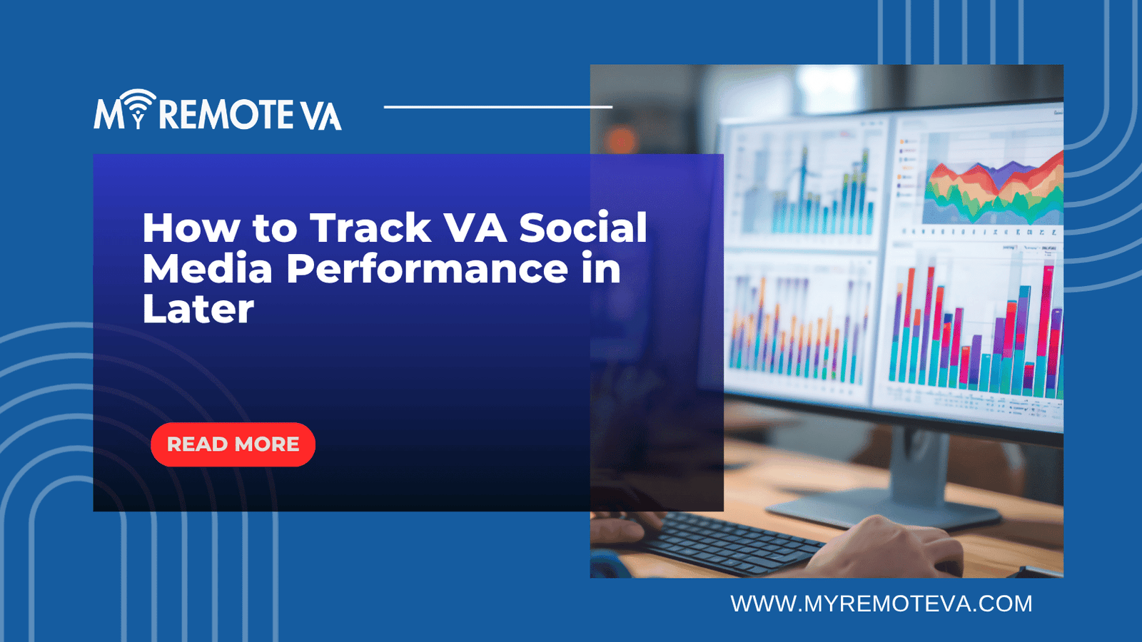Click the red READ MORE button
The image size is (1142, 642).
point(233,444)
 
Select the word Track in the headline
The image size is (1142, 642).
point(370,228)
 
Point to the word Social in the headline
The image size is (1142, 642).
point(582,228)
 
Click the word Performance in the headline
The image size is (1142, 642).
point(427,269)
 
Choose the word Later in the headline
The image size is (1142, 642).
point(198,309)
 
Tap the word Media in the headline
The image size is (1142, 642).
point(208,269)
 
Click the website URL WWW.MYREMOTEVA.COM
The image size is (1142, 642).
point(881,604)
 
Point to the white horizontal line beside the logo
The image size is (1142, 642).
point(497,107)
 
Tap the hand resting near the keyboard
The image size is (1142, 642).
point(892,549)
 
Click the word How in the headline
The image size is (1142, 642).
point(191,228)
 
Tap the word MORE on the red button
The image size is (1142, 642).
point(267,444)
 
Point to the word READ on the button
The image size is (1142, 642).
point(197,444)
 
